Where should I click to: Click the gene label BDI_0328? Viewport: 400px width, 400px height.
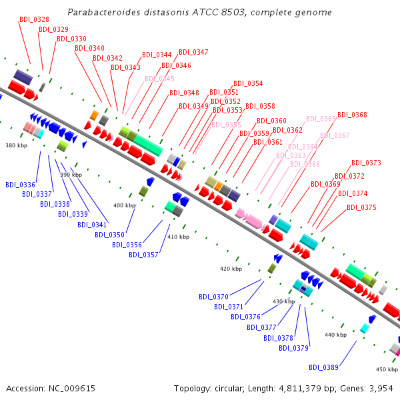pos(34,20)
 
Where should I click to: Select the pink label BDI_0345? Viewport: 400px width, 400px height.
pos(159,79)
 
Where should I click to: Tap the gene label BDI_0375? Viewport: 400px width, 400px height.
pos(361,207)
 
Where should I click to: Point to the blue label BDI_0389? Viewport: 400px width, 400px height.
pos(323,367)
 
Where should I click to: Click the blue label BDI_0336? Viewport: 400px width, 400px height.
pos(20,185)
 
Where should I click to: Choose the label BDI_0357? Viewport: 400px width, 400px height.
pos(143,255)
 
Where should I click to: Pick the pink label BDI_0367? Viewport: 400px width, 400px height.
pos(335,135)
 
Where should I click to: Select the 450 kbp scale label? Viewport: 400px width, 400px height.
pos(387,369)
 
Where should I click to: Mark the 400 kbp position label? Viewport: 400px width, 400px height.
pos(125,205)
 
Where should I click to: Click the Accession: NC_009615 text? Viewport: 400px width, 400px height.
pos(51,388)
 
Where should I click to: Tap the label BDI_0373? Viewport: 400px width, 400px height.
pos(366,163)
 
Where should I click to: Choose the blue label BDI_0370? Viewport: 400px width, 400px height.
pos(213,297)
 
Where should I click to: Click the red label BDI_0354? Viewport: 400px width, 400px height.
pos(248,84)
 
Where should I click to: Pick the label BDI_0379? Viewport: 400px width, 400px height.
pos(293,348)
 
